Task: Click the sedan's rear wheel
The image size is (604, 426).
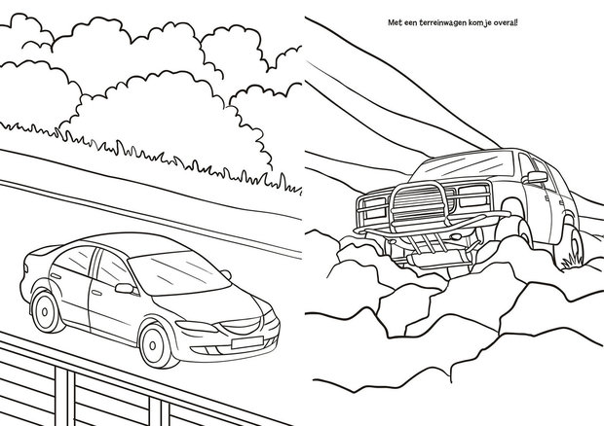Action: [46, 311]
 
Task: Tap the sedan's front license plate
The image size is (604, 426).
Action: [246, 342]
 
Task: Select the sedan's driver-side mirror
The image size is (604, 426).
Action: [126, 288]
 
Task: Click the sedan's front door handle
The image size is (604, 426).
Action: [96, 293]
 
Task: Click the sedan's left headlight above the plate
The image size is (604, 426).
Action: [197, 327]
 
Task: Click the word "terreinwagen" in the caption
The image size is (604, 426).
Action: [442, 23]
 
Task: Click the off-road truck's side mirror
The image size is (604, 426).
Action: [537, 177]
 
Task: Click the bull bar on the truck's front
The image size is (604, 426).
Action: [419, 204]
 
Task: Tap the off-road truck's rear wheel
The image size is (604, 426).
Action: [569, 244]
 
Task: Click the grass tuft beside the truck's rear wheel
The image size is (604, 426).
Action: [572, 261]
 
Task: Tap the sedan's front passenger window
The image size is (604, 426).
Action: [112, 269]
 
